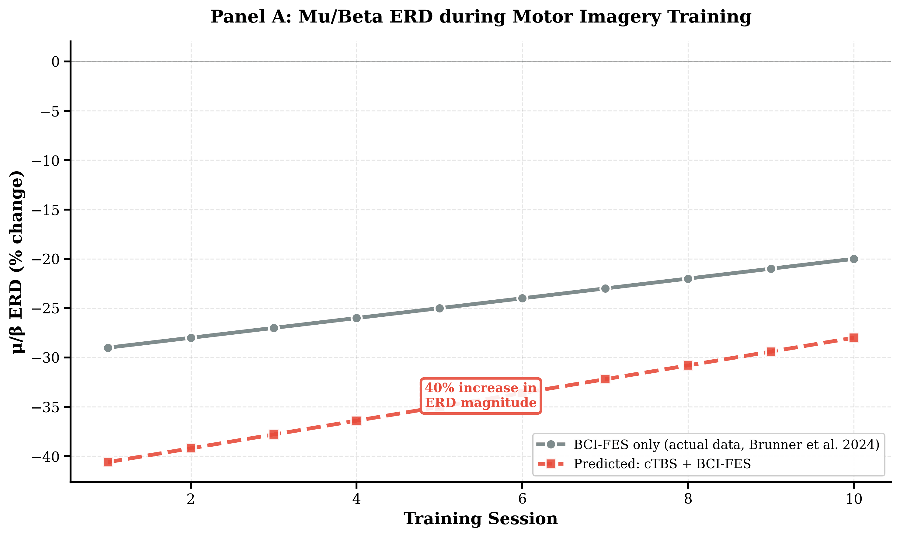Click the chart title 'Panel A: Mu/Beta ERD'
(481, 17)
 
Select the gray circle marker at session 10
(854, 259)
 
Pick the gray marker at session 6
(522, 298)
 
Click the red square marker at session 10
(854, 338)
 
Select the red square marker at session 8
(688, 365)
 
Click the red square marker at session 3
(274, 434)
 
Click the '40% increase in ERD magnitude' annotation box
(481, 396)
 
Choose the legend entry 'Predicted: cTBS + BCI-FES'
(662, 464)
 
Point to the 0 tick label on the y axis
(55, 62)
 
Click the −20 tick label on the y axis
(46, 260)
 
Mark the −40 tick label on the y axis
(46, 457)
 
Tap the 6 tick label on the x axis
(522, 499)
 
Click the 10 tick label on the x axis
(854, 499)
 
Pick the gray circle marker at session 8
(688, 279)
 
